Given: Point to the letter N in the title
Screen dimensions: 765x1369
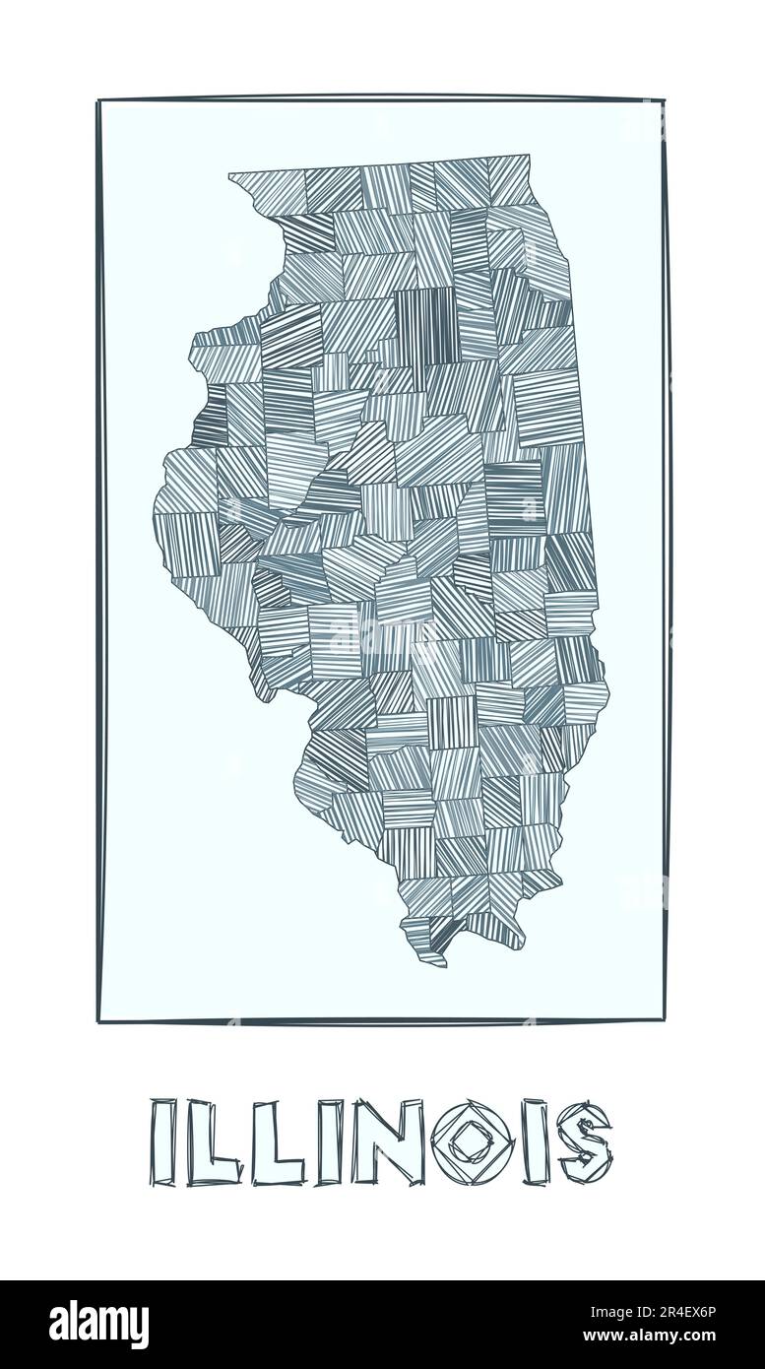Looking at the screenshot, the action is (380, 1142).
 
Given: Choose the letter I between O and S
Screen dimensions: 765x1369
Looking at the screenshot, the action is (536, 1142).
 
